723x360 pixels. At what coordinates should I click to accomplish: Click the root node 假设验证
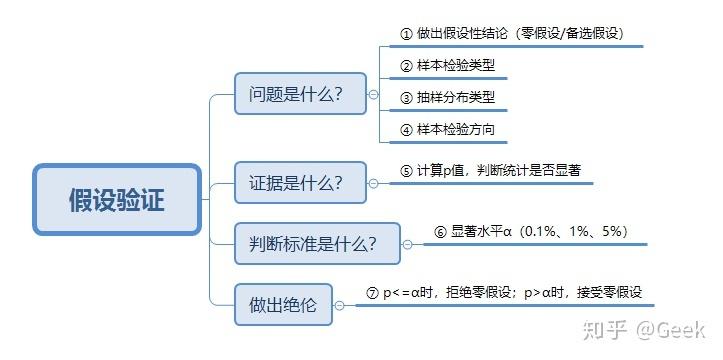coord(117,200)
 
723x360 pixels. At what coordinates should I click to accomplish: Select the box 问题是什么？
coord(297,95)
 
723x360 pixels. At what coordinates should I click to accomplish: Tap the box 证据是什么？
coord(296,183)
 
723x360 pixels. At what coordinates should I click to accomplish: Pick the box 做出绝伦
coord(283,305)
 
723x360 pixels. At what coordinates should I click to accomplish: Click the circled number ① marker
coord(406,33)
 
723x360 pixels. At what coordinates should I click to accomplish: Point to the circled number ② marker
coord(406,66)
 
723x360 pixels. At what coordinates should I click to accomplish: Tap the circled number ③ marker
coord(406,98)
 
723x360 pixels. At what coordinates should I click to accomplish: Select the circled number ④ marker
coord(406,130)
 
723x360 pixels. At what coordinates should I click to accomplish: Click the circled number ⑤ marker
coord(406,171)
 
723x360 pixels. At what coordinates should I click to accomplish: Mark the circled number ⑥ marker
coord(440,231)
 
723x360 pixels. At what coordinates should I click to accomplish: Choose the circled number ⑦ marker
coord(373,293)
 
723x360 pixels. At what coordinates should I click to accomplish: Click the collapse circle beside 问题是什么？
coord(373,96)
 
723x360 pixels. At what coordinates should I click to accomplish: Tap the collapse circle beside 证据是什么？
coord(373,183)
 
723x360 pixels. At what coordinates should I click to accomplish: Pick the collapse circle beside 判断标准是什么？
coord(407,243)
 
